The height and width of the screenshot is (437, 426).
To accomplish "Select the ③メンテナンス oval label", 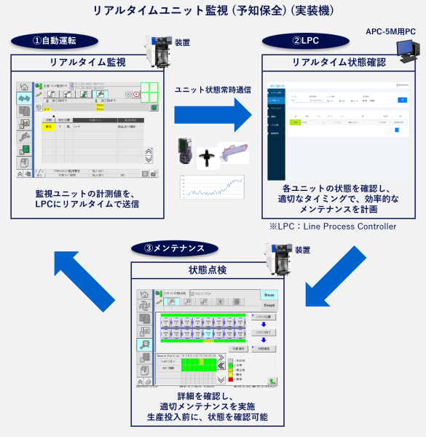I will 175,248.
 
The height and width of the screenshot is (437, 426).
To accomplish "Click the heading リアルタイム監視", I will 87,62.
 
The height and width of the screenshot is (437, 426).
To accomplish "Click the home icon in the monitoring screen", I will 23,87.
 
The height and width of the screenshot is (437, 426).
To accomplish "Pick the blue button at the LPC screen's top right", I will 402,100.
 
